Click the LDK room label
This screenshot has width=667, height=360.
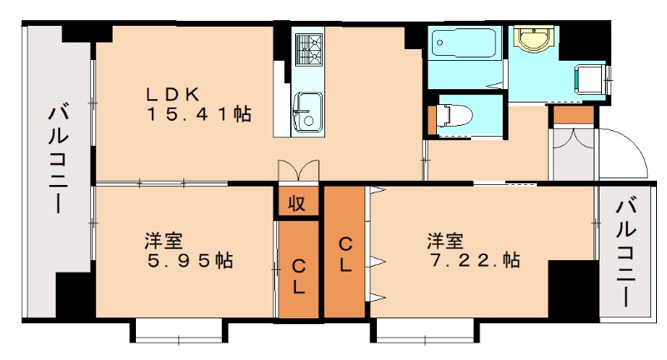tap(173, 94)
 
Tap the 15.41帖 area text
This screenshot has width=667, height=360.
tap(199, 114)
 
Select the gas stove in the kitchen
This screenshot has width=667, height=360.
tap(308, 49)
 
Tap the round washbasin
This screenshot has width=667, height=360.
tap(534, 38)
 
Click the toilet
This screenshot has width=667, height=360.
tap(454, 116)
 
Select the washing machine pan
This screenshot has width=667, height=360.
tap(591, 79)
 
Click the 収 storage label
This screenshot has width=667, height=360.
tap(297, 203)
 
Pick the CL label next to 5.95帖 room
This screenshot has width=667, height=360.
tap(298, 277)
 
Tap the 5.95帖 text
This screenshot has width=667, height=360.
tap(189, 260)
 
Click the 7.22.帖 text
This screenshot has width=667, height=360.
tap(474, 260)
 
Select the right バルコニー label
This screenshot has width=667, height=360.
tap(626, 252)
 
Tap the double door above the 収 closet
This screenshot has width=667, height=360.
tap(298, 171)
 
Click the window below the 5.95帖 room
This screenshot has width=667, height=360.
tap(178, 332)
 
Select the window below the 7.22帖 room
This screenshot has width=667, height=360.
tap(425, 332)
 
